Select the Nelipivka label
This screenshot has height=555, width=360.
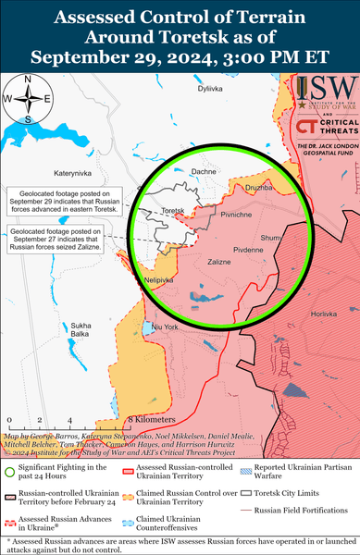(135, 279)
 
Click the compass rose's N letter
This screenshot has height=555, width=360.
(28, 77)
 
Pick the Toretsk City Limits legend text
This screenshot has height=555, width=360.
(298, 496)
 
